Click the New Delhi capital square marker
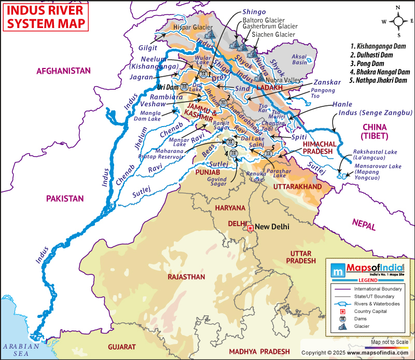(250, 228)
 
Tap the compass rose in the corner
(398, 21)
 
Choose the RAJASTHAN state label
(186, 277)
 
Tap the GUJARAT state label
(121, 347)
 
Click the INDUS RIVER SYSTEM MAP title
(45, 17)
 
